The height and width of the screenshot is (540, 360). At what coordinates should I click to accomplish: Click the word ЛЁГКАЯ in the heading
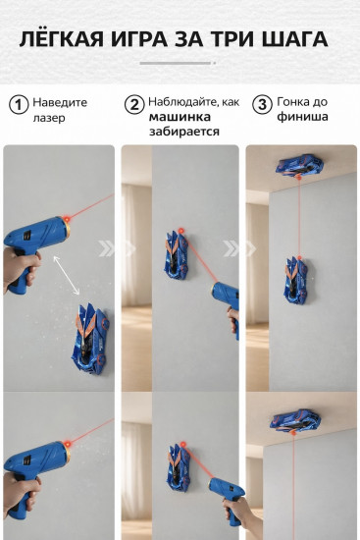61,38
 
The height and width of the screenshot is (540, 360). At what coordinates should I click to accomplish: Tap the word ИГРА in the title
139,39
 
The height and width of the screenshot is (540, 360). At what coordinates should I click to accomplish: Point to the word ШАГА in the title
295,39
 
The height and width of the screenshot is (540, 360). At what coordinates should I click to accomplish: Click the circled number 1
19,105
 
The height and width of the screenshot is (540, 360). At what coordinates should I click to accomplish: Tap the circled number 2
133,105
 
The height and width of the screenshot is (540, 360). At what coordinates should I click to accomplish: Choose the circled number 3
262,104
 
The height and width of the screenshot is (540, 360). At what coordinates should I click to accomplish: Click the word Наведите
60,102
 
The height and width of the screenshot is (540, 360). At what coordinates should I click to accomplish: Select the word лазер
49,118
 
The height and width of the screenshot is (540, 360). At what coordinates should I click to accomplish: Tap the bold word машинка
180,117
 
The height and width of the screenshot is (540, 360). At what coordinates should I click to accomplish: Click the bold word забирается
184,132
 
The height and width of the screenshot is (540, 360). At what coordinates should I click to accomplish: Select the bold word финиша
302,117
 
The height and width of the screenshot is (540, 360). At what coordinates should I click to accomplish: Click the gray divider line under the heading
176,63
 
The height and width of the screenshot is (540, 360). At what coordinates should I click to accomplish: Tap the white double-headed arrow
67,276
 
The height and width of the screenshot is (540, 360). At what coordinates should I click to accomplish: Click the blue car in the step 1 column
90,340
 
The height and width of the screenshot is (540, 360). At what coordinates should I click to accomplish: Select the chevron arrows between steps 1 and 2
117,248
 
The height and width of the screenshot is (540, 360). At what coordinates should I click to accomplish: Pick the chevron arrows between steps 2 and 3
240,248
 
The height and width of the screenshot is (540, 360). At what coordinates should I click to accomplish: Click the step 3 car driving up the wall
296,281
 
